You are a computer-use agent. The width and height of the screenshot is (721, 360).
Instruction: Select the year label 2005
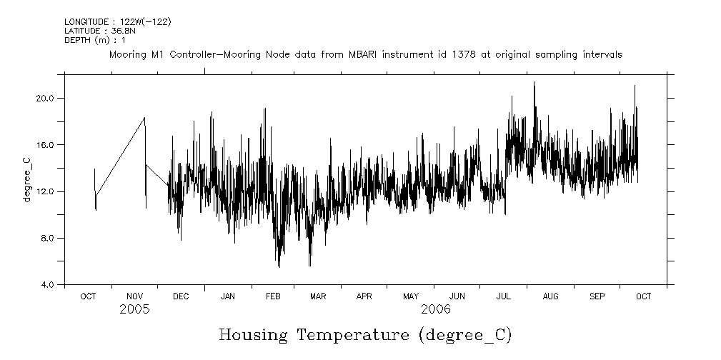click(x=134, y=309)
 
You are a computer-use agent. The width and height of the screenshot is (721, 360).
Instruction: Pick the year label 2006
click(x=436, y=309)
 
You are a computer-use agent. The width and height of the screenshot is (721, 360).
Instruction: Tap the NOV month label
click(x=135, y=296)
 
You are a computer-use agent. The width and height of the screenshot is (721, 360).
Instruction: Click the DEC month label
click(x=181, y=296)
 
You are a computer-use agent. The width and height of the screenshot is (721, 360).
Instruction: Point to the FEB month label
click(x=274, y=296)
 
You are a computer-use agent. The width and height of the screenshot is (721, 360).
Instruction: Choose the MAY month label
click(x=411, y=296)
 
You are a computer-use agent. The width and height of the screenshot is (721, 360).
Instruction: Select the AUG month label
click(x=550, y=296)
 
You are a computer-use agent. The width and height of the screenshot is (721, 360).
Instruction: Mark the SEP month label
click(x=597, y=296)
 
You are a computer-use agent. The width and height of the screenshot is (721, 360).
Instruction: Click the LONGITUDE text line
click(x=118, y=22)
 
